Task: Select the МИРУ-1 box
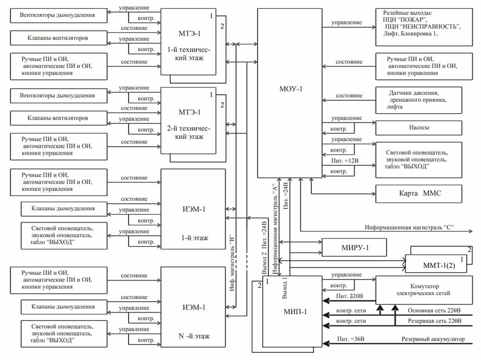click(354, 247)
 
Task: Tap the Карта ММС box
click(418, 194)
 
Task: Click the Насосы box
click(419, 127)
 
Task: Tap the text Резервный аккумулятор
click(433, 339)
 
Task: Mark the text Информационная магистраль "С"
click(409, 227)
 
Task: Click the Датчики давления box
click(419, 100)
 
